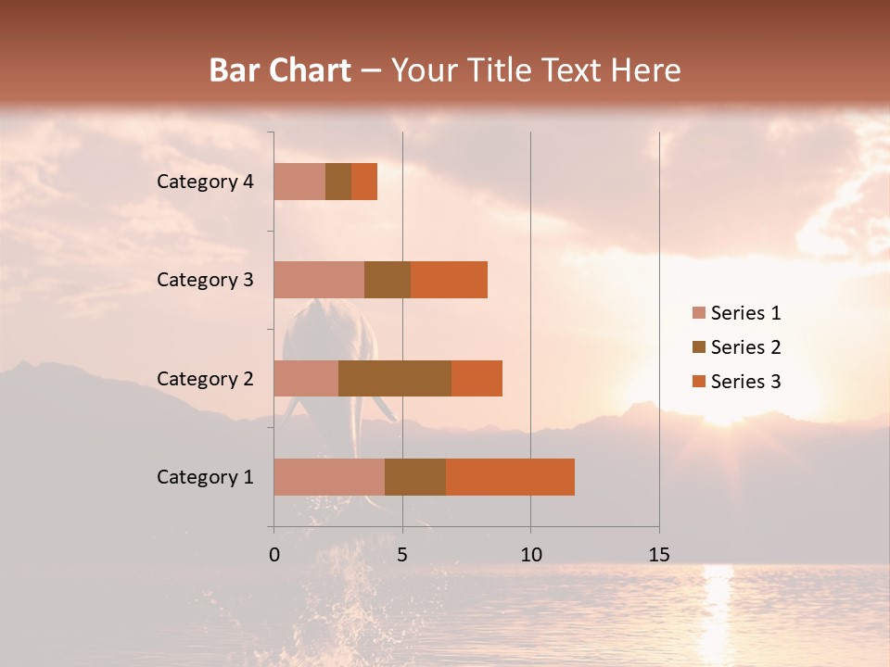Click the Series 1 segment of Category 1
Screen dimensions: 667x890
pyautogui.click(x=329, y=477)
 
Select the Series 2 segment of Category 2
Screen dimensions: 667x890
pyautogui.click(x=395, y=378)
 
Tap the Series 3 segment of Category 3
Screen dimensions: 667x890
pyautogui.click(x=449, y=280)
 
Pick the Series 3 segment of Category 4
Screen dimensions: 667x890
pyautogui.click(x=364, y=182)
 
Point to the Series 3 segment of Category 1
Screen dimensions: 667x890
pyautogui.click(x=510, y=477)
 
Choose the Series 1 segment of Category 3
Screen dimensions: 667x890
pyautogui.click(x=319, y=280)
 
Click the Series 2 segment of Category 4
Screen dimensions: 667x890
pyautogui.click(x=338, y=182)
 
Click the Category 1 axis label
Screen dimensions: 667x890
pyautogui.click(x=205, y=477)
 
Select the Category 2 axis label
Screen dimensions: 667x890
pyautogui.click(x=205, y=378)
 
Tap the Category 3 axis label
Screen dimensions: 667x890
pyautogui.click(x=205, y=280)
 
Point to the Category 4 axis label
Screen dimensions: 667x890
pyautogui.click(x=205, y=182)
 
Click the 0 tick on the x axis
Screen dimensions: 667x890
pyautogui.click(x=274, y=555)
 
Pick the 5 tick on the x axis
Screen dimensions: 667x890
pyautogui.click(x=402, y=555)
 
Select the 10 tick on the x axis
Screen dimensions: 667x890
pyautogui.click(x=530, y=555)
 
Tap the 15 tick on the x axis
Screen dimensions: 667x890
pyautogui.click(x=659, y=555)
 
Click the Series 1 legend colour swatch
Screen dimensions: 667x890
pyautogui.click(x=698, y=313)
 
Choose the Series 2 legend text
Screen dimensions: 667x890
pyautogui.click(x=745, y=347)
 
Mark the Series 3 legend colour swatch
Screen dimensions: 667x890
pyautogui.click(x=698, y=382)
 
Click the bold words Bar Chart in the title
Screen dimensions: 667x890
pyautogui.click(x=280, y=70)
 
